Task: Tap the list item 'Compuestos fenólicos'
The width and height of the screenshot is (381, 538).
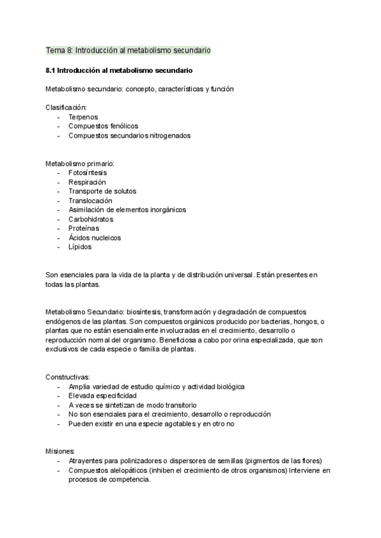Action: click(103, 126)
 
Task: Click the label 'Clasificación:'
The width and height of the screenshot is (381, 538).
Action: click(67, 108)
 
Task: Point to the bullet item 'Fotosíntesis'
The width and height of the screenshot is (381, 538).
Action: click(88, 173)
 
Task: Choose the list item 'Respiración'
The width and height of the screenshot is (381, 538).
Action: click(87, 182)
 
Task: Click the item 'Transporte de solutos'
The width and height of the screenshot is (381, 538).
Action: click(102, 191)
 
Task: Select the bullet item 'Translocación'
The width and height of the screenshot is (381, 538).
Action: click(90, 200)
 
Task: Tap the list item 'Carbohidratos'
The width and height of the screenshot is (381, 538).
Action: click(90, 219)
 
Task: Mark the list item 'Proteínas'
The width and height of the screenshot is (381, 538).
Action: click(84, 228)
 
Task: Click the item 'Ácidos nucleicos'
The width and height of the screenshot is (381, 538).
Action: click(95, 238)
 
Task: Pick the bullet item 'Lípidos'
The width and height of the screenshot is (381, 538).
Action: click(80, 247)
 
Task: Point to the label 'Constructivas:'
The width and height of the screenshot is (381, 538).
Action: click(68, 377)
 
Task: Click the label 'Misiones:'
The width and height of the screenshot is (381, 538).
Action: click(60, 451)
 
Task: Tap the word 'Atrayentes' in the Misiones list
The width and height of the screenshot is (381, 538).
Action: click(86, 461)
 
